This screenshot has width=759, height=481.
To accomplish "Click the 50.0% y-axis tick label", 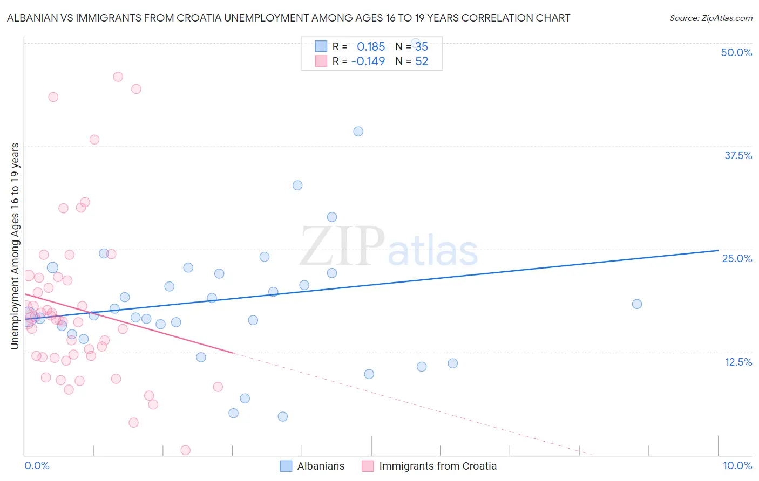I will click(736, 52).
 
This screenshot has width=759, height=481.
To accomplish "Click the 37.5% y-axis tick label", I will click(738, 155).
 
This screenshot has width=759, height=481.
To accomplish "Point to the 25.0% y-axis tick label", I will click(737, 258).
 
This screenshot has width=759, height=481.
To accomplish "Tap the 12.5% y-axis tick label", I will click(738, 362).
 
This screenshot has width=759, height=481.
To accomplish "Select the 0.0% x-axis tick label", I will click(37, 465).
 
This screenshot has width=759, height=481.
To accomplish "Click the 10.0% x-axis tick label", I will click(737, 465).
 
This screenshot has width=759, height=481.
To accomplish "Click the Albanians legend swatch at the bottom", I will click(286, 466).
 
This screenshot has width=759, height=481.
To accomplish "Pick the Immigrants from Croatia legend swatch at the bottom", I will click(368, 466).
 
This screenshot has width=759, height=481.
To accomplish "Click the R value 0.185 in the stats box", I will click(371, 46).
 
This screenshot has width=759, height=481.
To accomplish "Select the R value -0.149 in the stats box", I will click(368, 61).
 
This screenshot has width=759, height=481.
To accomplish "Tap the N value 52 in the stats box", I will click(422, 61).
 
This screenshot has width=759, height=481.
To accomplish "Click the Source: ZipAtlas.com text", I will click(710, 18).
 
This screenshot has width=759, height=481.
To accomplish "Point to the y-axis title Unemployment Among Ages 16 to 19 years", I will click(15, 245).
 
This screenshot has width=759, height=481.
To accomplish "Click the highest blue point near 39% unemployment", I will click(358, 132).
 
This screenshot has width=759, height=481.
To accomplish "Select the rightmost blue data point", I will click(637, 304).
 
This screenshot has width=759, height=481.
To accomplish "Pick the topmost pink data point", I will click(118, 77).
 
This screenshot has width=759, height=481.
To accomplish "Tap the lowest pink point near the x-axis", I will click(185, 450).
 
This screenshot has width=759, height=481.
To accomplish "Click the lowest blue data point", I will click(282, 416).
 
